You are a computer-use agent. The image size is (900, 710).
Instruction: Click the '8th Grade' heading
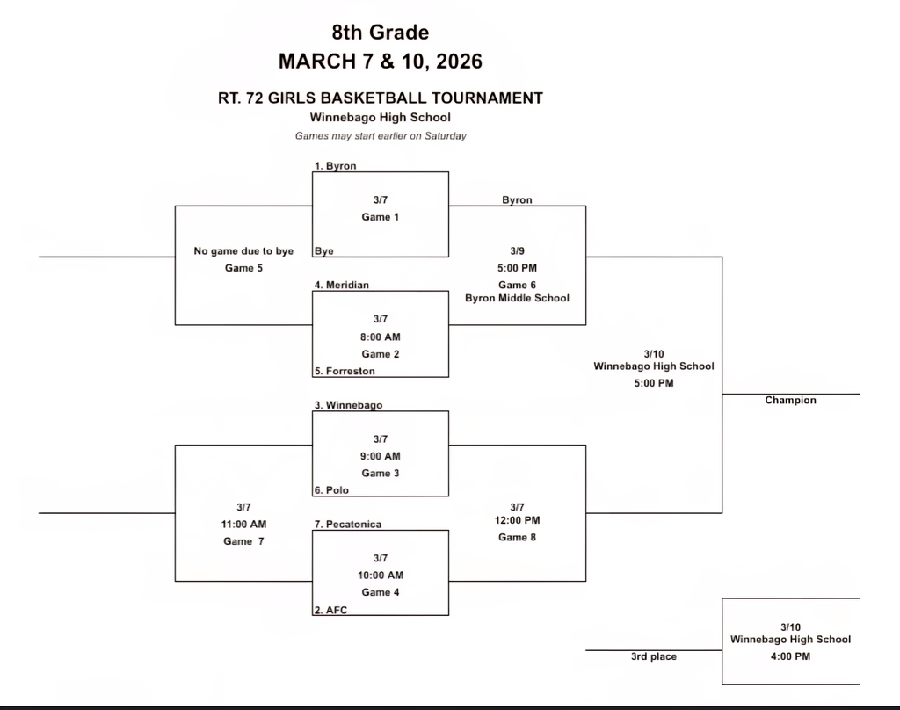pos(380,33)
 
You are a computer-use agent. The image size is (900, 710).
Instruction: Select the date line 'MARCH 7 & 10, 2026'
pos(380,62)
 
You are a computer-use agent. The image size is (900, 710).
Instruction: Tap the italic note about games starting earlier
pos(380,136)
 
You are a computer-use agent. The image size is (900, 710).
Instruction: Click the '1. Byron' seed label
pos(336,165)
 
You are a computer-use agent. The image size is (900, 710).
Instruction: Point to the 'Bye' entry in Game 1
pos(324,250)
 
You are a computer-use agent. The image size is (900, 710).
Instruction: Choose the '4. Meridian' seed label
pos(341,285)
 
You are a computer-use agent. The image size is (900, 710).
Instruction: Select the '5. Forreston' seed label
pos(345,371)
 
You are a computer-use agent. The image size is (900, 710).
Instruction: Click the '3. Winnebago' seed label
pos(348,405)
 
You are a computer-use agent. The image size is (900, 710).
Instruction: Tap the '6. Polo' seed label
pos(332,489)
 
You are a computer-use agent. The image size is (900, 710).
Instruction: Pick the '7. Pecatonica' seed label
pos(348,524)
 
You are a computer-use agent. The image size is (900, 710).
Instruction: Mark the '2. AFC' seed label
pos(331,610)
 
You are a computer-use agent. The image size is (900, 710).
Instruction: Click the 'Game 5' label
pos(243,268)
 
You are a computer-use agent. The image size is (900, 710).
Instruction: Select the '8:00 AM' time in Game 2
pos(380,337)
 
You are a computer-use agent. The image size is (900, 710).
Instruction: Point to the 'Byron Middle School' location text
pos(517,298)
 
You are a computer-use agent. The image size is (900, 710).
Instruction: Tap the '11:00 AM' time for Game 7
pos(243,524)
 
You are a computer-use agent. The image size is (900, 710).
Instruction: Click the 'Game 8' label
pos(517,537)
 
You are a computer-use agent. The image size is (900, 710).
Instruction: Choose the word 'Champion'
pos(790,400)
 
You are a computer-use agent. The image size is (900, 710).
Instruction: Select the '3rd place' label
pos(653,656)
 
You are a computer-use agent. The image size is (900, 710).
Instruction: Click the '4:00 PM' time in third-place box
pos(790,656)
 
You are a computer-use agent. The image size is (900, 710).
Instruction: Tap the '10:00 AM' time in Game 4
pos(380,575)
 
